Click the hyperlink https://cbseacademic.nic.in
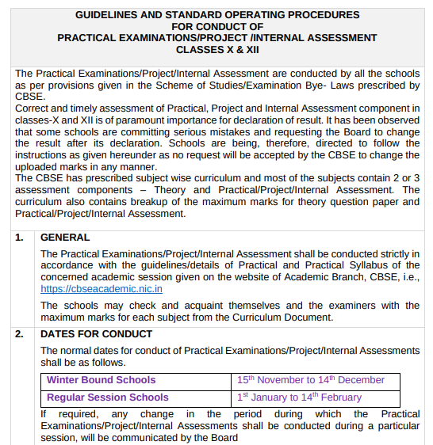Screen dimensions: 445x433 click(101, 289)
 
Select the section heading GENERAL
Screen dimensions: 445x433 click(65, 237)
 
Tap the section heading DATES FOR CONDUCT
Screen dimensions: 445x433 click(96, 333)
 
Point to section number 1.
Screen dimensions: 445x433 click(20, 237)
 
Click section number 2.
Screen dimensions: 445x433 click(20, 333)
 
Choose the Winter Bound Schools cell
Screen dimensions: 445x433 click(101, 380)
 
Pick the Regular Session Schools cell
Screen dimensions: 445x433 click(107, 397)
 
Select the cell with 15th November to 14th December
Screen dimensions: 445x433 click(310, 380)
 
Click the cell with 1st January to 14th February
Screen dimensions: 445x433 click(298, 397)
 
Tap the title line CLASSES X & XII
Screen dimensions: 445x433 click(216, 49)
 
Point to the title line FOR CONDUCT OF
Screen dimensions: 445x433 click(216, 26)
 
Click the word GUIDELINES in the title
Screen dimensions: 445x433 click(107, 14)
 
